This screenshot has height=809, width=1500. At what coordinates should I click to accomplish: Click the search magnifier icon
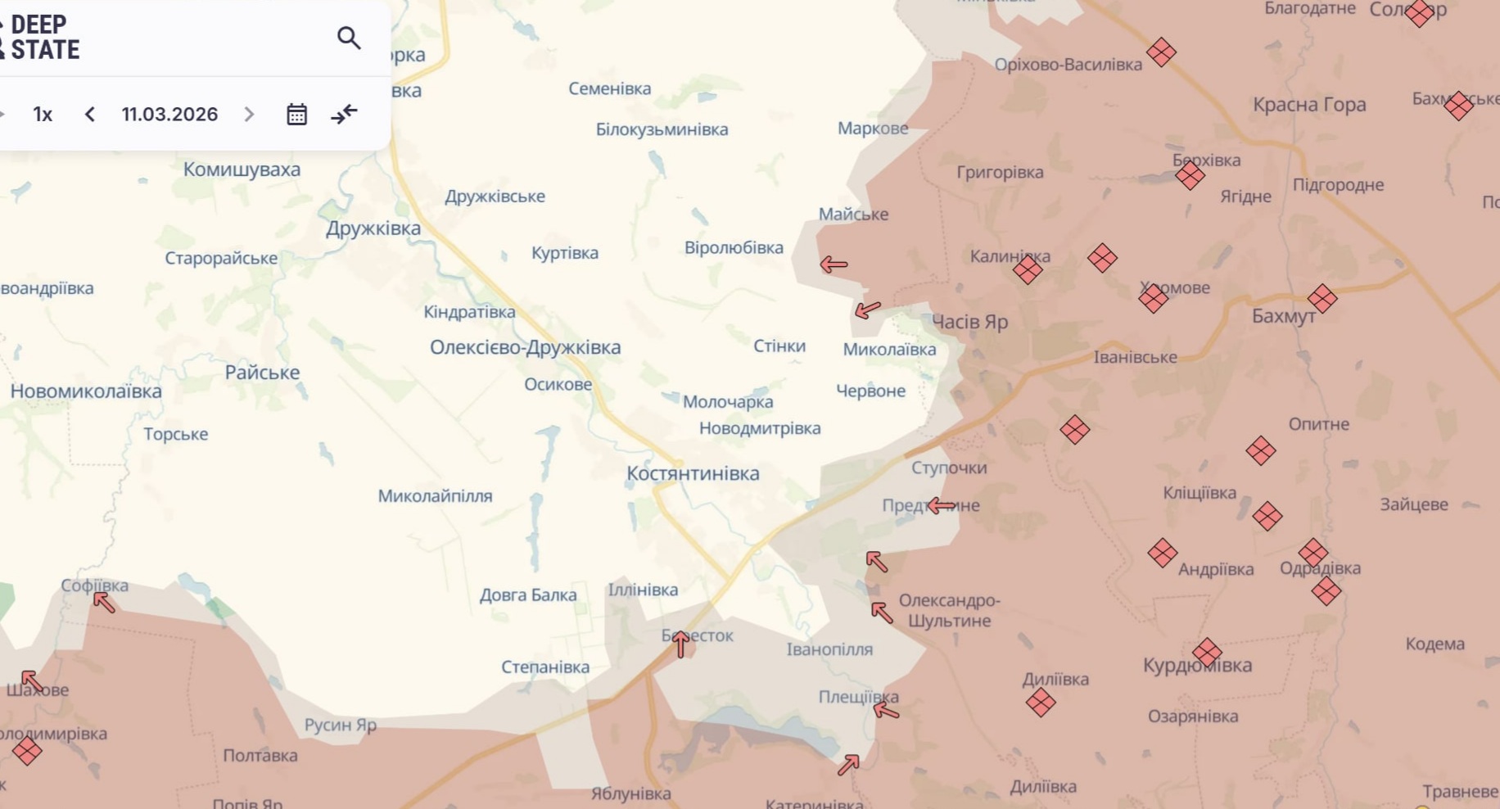coord(349,38)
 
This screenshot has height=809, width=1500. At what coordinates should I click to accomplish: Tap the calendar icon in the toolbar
coord(296,114)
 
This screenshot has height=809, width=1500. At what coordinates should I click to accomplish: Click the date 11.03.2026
coord(169,114)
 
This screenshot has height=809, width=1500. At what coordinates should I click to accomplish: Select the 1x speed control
coord(43,114)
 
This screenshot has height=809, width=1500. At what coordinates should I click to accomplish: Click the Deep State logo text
coord(44,38)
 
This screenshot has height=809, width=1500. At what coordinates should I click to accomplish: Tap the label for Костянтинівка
coord(693,473)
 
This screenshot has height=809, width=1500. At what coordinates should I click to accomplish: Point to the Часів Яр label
coord(969,322)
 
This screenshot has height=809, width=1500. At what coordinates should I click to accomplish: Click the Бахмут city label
coord(1283,316)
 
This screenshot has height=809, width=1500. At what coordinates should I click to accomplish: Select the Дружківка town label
coord(373,228)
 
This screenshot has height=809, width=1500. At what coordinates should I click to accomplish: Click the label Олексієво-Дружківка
coord(525,347)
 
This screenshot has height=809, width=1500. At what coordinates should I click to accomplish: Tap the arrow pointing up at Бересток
coord(680,644)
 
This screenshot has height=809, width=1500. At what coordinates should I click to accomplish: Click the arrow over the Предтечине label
coord(942,506)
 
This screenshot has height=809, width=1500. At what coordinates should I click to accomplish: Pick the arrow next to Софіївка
coord(104,603)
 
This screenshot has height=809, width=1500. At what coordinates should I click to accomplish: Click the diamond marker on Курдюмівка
coord(1207,653)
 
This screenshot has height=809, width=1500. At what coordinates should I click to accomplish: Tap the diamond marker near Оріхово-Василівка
coord(1161,52)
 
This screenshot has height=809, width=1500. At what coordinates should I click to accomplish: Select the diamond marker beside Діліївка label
coord(1041,702)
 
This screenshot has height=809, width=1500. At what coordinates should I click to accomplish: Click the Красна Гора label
coord(1309,105)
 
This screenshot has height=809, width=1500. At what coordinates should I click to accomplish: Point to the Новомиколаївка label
coord(86,391)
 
